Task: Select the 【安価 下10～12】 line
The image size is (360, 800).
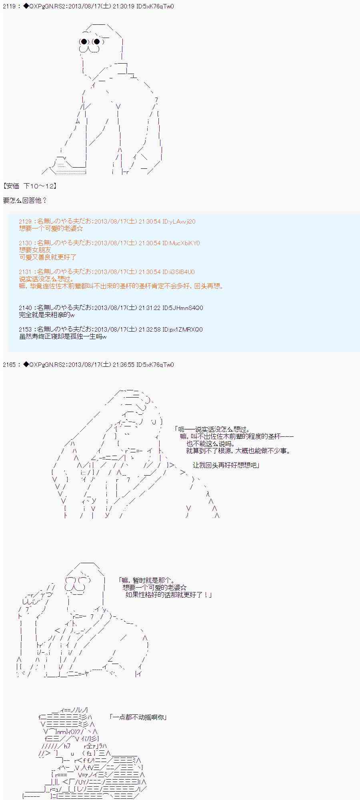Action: pos(30,186)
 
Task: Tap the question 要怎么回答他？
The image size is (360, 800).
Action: pos(25,200)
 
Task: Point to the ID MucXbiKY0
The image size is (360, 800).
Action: pos(185,243)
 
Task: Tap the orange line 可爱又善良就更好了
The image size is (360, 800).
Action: pos(48,257)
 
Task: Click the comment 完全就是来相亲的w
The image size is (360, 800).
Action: pos(46,315)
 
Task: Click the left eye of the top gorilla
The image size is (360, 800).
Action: pos(84,42)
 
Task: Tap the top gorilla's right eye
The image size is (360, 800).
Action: pos(96,42)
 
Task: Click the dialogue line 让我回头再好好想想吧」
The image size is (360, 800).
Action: pos(226,465)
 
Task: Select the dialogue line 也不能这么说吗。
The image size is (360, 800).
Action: pos(211,444)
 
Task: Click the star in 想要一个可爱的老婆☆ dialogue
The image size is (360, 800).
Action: pos(183,588)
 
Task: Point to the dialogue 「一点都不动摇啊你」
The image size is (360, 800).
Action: pos(138,717)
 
